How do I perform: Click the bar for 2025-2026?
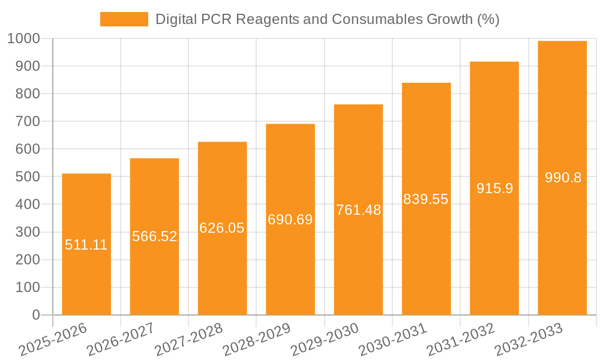coord(86,270)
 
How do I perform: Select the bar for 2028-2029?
coord(290,270)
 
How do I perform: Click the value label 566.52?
coord(155,236)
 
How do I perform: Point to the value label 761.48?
coord(358,210)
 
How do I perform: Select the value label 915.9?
coord(494,188)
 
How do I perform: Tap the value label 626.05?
coord(222,228)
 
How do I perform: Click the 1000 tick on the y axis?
coord(24,39)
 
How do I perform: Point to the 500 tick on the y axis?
coord(28,177)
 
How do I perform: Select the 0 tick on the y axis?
coord(35,315)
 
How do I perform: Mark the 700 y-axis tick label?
coord(28,122)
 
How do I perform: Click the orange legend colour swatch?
coord(124,19)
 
